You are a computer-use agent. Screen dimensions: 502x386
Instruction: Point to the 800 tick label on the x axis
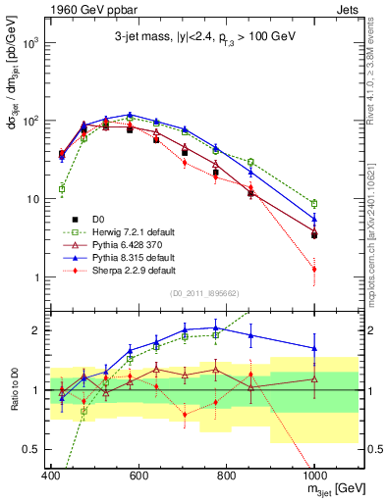pyautogui.click(x=226, y=476)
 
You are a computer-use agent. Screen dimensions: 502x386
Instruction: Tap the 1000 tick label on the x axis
pyautogui.click(x=314, y=476)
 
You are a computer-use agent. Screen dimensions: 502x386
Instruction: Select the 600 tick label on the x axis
pyautogui.click(x=138, y=476)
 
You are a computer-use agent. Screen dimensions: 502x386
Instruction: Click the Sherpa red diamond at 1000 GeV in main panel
pyautogui.click(x=314, y=269)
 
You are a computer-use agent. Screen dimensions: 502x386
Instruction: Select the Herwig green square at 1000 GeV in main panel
pyautogui.click(x=314, y=204)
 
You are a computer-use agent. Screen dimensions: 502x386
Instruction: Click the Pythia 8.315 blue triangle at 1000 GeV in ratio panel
pyautogui.click(x=314, y=348)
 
